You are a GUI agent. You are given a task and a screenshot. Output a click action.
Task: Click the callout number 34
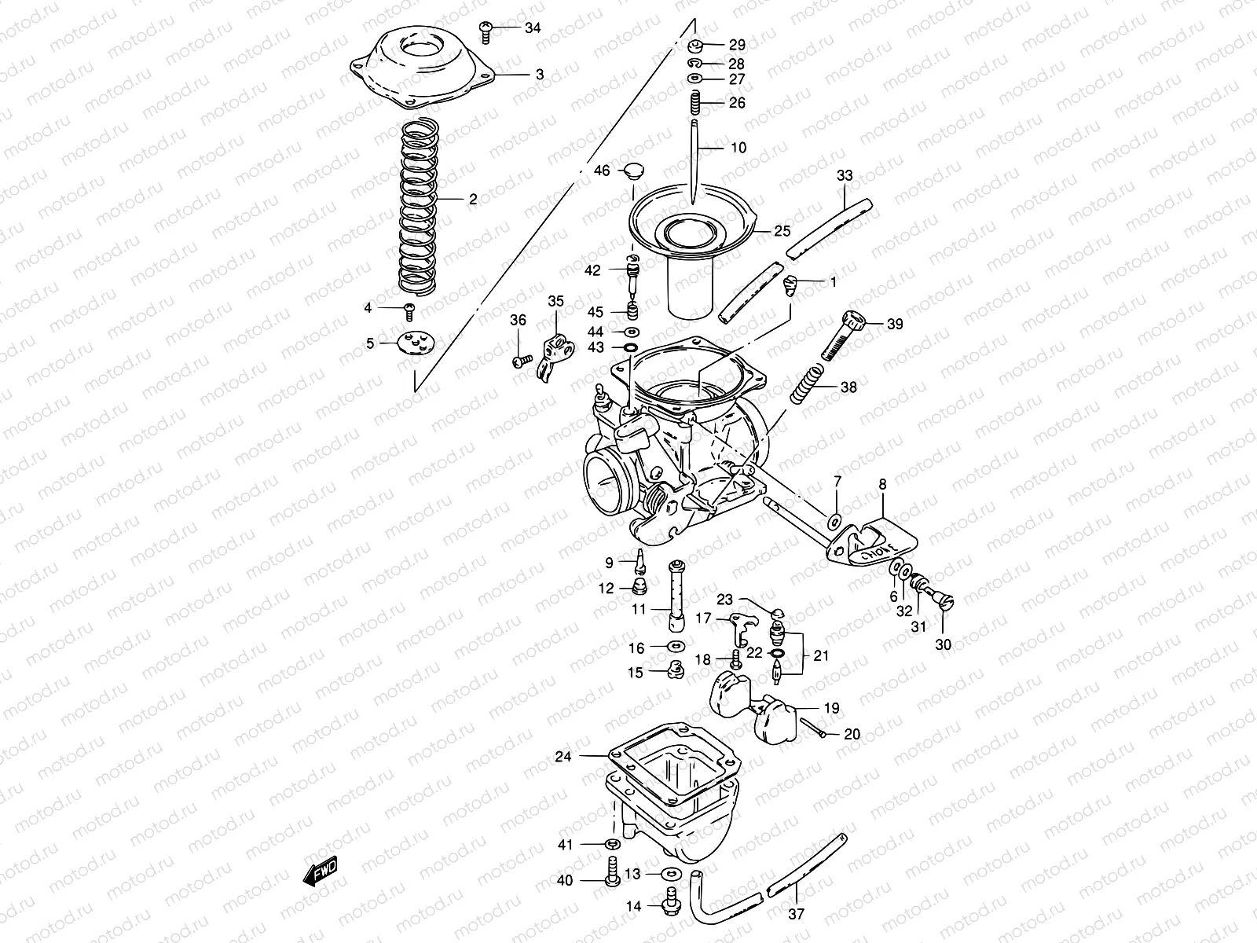pos(533,28)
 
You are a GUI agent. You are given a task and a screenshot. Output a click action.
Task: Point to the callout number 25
pos(782,231)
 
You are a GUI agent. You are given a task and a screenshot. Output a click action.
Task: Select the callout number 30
pos(943,644)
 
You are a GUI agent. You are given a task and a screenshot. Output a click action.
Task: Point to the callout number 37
pos(796,914)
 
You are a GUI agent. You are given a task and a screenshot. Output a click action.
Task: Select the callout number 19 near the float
pos(831,708)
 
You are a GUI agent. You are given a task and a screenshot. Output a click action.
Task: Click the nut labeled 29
pos(696,44)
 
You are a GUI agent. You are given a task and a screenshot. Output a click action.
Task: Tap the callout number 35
pos(555,300)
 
